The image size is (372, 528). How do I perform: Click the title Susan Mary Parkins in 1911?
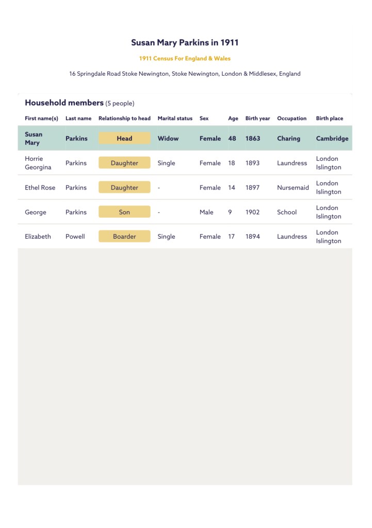tap(185, 43)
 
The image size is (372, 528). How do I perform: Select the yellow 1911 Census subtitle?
tap(185, 59)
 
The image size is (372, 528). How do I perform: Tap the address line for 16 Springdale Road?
tap(185, 74)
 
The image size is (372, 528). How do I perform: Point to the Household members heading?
tap(64, 103)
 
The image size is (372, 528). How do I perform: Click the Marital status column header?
tap(175, 119)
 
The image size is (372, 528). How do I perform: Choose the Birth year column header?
tap(257, 119)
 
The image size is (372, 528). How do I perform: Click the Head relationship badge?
tap(124, 138)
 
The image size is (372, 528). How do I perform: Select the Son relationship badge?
tap(124, 212)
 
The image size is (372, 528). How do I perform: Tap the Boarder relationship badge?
tap(124, 237)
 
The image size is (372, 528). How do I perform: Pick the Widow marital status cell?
tap(168, 138)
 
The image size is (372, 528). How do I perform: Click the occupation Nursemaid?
tap(293, 188)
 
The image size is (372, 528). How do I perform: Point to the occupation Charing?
tap(288, 138)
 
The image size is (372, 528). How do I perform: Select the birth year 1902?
tap(253, 212)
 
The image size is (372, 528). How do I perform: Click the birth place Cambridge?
tap(332, 138)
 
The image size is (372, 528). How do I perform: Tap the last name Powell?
tap(75, 237)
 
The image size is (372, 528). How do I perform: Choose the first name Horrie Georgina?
tap(38, 163)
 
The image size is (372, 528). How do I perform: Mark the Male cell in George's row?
tap(206, 212)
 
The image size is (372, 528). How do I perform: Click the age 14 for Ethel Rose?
tap(232, 188)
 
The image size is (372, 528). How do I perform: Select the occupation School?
tap(287, 212)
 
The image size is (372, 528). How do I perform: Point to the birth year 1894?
tap(253, 237)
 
